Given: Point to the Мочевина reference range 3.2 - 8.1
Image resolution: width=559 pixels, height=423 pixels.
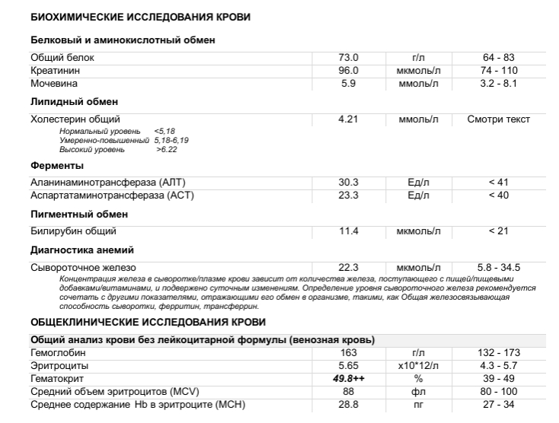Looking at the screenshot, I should point(498,83).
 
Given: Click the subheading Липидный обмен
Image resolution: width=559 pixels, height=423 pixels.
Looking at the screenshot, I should point(74,102).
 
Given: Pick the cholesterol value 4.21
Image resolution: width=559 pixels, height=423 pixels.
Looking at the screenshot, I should point(349,119).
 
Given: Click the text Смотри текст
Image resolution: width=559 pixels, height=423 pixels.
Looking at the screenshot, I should point(498,119).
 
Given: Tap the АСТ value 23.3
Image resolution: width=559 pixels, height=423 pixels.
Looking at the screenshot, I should point(349,196).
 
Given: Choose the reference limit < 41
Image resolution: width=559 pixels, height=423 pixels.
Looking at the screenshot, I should point(498,183).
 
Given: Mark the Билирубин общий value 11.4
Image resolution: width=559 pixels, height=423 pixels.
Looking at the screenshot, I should point(349,231).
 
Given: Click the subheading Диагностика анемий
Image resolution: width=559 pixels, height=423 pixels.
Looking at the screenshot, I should point(82,250).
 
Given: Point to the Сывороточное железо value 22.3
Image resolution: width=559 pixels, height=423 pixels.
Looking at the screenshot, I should point(349,267).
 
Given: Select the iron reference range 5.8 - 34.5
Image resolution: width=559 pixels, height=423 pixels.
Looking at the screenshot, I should point(498,267).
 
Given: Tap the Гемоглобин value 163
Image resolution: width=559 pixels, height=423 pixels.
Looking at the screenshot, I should point(349,353).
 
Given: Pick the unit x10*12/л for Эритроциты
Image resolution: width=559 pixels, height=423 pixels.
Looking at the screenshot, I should point(418,365).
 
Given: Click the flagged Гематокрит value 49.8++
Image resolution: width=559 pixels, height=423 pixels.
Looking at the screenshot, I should point(349,378).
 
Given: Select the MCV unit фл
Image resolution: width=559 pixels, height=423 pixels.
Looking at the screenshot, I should point(418,390).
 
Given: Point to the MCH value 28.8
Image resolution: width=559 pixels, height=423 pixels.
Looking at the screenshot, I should point(349,403).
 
